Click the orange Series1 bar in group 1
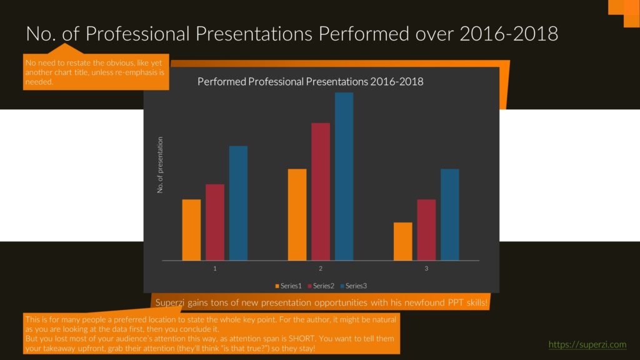click(191, 230)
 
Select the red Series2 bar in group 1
click(215, 222)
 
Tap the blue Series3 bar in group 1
click(238, 203)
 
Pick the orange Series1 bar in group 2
click(297, 215)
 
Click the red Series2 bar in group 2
click(321, 191)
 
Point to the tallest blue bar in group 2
click(344, 176)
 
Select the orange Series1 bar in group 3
click(403, 241)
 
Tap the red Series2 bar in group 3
click(426, 230)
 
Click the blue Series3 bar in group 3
click(450, 215)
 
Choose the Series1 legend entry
click(289, 286)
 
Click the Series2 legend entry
click(321, 286)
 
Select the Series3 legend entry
click(354, 286)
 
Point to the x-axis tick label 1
click(215, 269)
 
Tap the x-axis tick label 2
click(321, 269)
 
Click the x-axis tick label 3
click(426, 269)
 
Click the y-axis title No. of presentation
click(160, 165)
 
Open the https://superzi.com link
click(587, 344)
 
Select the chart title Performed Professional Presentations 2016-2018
click(310, 82)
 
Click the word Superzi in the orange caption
click(170, 302)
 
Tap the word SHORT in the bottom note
click(302, 338)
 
